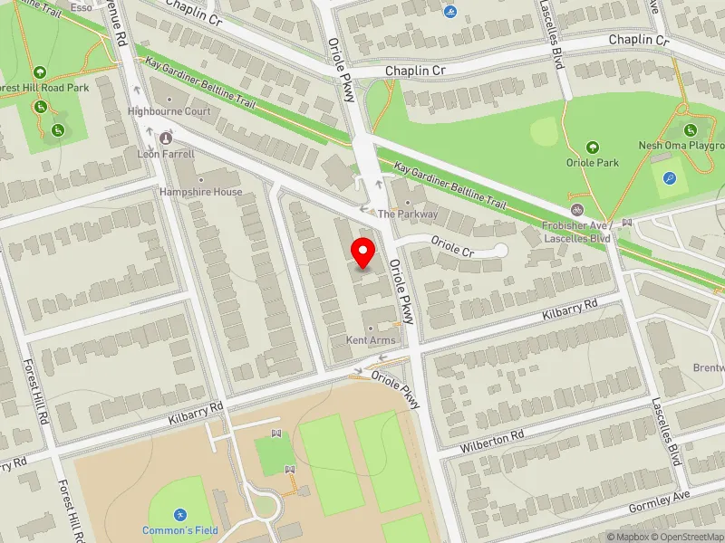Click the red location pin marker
click(x=363, y=252)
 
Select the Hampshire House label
click(x=201, y=192)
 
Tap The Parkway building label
click(x=408, y=214)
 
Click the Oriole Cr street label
click(x=452, y=245)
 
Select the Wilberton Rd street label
click(x=491, y=436)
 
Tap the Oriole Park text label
click(x=592, y=163)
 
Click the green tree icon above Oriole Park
click(x=592, y=147)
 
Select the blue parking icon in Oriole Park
click(x=669, y=179)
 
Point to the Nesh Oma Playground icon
click(x=690, y=130)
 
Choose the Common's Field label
click(x=179, y=530)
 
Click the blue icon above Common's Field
click(x=179, y=513)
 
